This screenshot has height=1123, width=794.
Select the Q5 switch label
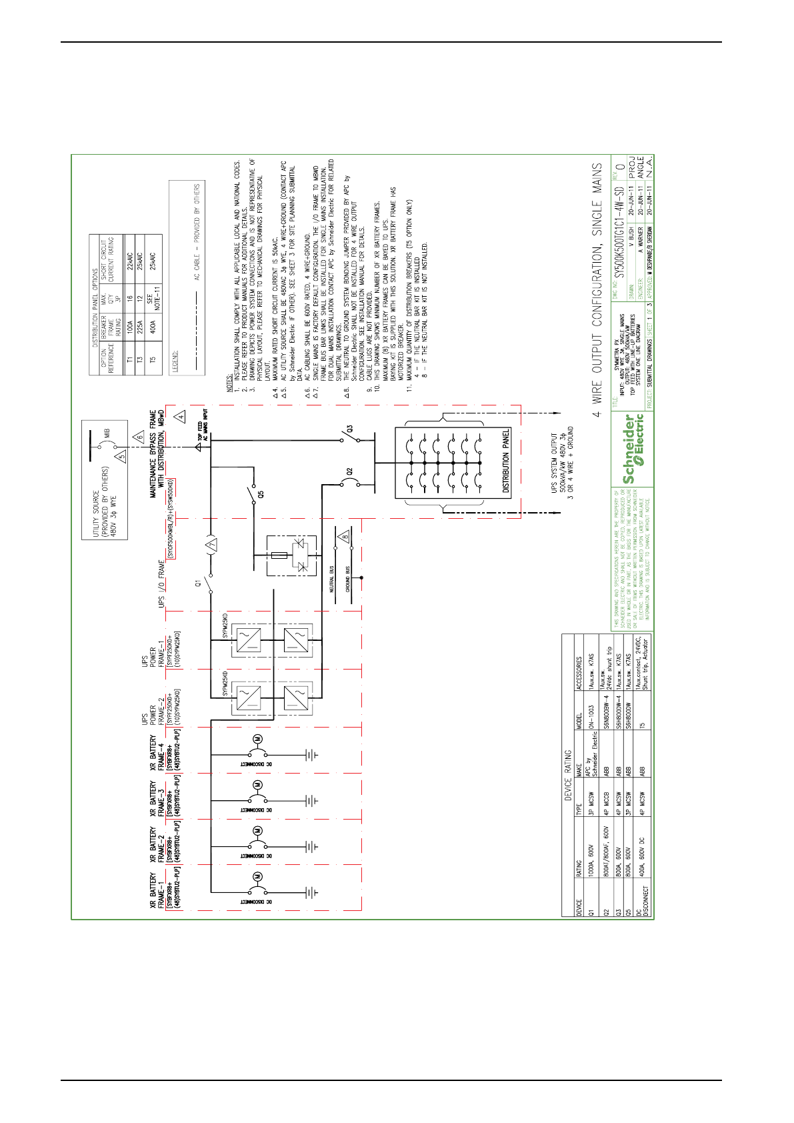pos(261,494)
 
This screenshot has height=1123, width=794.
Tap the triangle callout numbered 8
pos(344,536)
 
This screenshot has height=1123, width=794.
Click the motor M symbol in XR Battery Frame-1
pos(257,876)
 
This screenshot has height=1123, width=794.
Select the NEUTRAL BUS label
pos(331,580)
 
